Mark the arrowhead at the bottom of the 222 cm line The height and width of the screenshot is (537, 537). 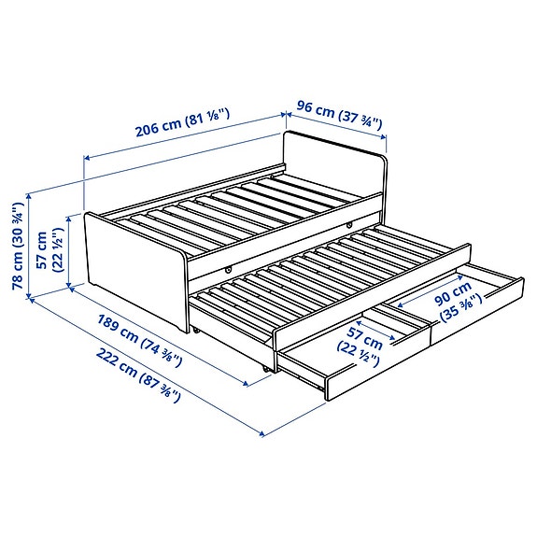click(263, 433)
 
